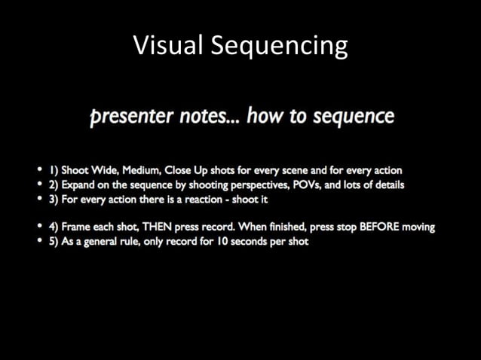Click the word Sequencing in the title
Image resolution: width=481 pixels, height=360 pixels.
click(x=279, y=47)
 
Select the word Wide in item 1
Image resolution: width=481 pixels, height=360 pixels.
click(x=103, y=170)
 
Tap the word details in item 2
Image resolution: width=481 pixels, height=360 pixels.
click(x=388, y=185)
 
